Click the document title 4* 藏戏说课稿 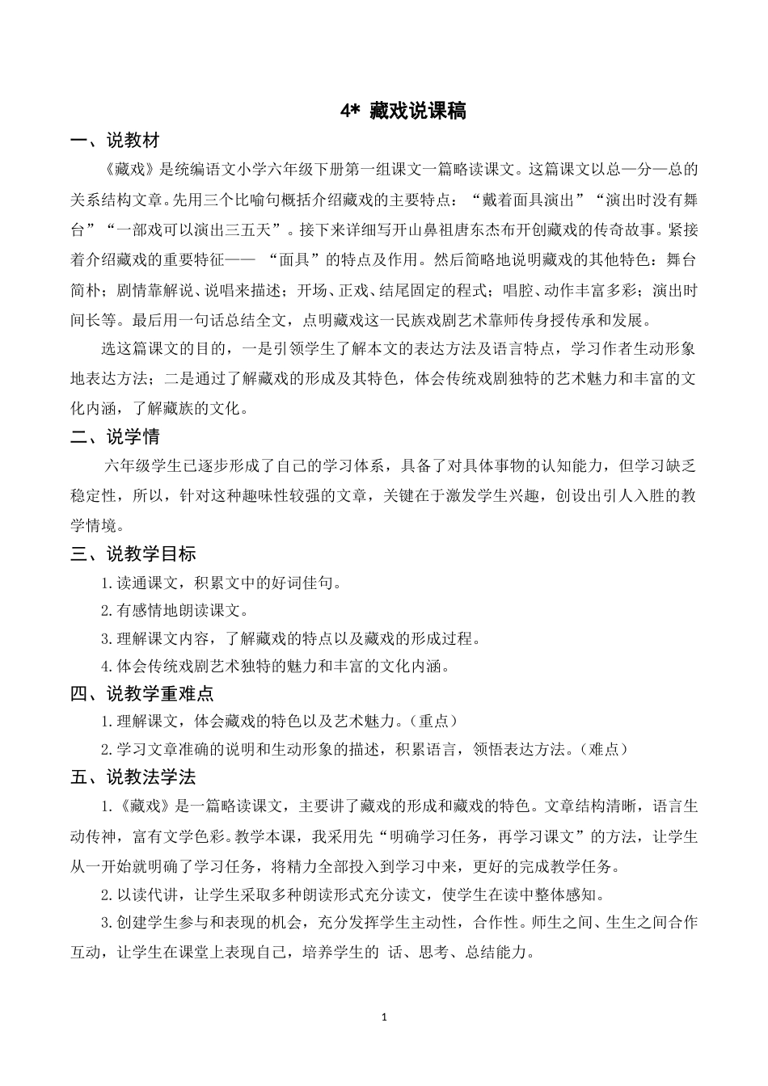point(403,112)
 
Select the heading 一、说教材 point(115,141)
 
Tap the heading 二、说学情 point(115,437)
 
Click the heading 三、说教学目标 point(133,554)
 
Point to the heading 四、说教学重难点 point(141,693)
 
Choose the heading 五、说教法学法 point(133,777)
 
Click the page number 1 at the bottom point(384,1016)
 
